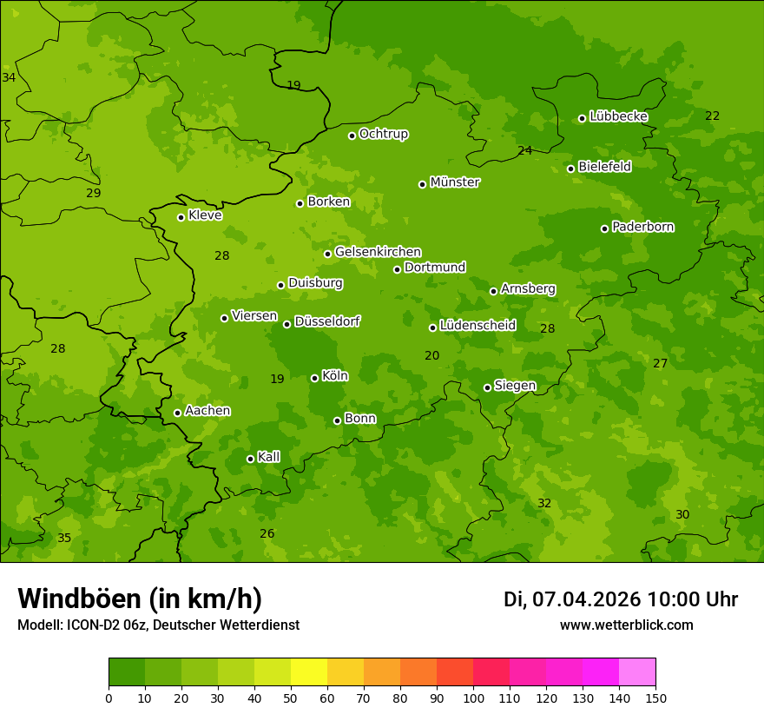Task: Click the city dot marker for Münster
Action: click(x=423, y=184)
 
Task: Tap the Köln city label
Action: click(x=335, y=376)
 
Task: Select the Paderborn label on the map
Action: click(x=642, y=227)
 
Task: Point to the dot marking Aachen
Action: click(x=177, y=413)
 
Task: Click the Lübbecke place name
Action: click(x=618, y=116)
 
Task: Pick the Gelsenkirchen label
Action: click(x=378, y=252)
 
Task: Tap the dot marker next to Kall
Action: click(x=250, y=459)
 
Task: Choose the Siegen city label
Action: click(x=515, y=386)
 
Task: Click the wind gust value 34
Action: click(x=9, y=77)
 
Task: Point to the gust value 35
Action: click(x=64, y=538)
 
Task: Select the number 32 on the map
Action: click(x=544, y=503)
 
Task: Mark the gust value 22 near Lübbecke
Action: click(x=713, y=116)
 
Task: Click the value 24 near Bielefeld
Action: click(x=525, y=150)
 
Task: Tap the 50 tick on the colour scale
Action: click(x=291, y=698)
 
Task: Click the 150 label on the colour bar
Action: click(x=655, y=698)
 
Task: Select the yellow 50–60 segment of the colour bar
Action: click(x=309, y=672)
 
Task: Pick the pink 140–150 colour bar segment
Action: click(x=637, y=672)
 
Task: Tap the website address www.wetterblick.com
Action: click(x=626, y=625)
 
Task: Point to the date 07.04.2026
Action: click(x=586, y=599)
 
